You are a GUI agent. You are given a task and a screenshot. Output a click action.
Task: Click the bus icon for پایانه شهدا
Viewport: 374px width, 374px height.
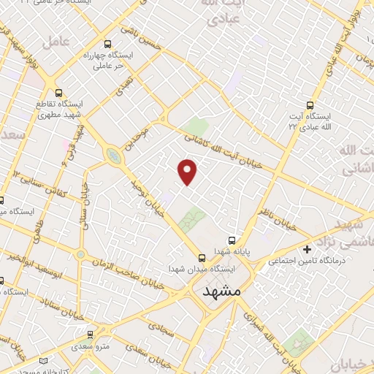(x=232, y=240)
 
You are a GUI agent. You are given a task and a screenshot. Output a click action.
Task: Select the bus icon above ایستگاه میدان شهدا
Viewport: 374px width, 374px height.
(x=202, y=257)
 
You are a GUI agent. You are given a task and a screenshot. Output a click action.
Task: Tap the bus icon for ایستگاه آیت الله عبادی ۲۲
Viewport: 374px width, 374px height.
(x=310, y=105)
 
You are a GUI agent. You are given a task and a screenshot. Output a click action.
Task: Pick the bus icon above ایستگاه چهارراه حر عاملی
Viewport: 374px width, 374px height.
(x=109, y=44)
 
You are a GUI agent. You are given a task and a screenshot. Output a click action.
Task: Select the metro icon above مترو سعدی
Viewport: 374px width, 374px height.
(x=91, y=332)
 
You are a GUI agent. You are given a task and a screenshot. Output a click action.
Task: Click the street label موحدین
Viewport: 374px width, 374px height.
(x=141, y=139)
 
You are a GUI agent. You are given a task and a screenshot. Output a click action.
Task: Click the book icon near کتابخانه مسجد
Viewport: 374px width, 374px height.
(x=44, y=362)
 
